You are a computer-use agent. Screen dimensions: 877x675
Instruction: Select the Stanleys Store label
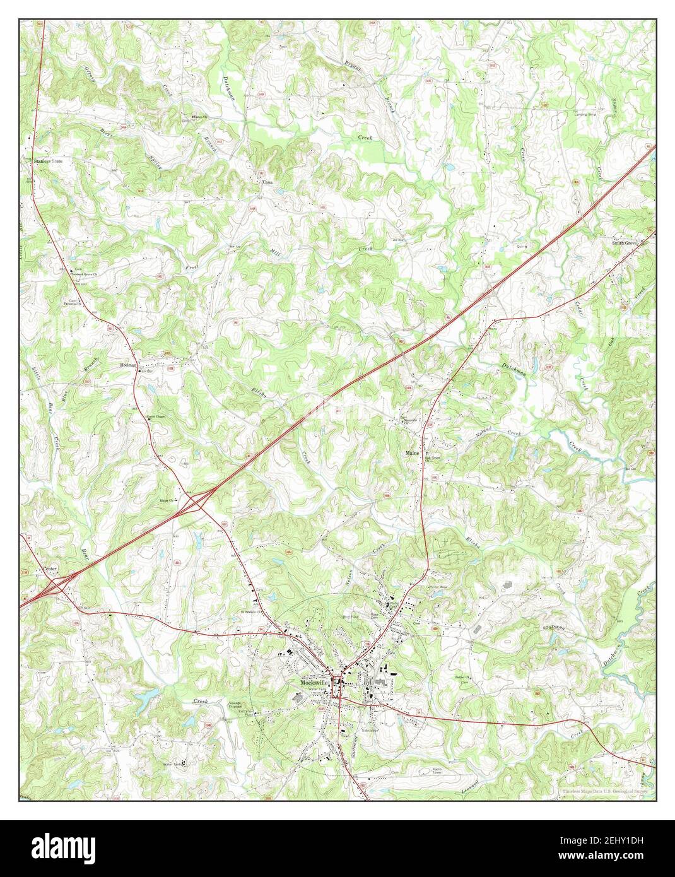point(49,162)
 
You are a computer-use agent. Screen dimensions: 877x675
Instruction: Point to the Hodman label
point(128,365)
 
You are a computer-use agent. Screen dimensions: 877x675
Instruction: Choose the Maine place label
point(413,453)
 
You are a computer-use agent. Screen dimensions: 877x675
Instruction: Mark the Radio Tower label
point(440,771)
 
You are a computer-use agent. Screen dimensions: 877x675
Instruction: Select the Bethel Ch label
point(464,679)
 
